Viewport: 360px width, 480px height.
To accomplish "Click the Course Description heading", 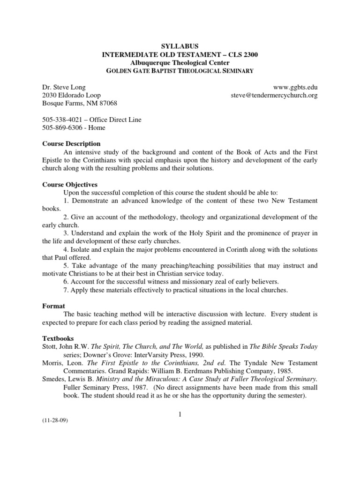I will coord(71,143).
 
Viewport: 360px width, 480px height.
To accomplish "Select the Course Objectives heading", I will coord(70,184).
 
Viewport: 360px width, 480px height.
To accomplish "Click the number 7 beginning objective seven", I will coord(65,290).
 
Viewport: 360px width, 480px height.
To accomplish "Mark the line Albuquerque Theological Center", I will coord(180,63).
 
